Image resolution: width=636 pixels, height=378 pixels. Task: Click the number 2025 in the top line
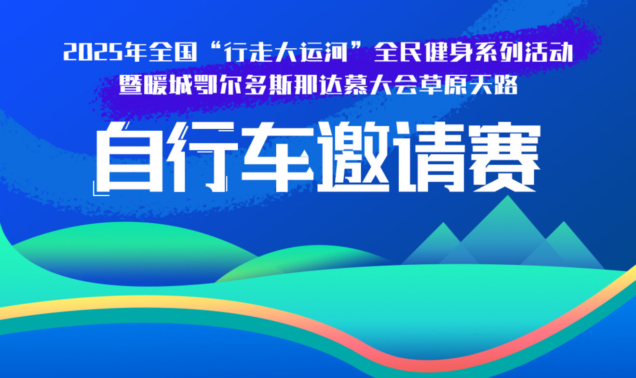tap(93, 52)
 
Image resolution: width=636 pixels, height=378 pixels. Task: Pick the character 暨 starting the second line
tap(130, 85)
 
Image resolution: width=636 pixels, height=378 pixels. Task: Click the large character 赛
tap(504, 157)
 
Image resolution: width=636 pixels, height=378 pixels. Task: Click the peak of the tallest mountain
tap(508, 196)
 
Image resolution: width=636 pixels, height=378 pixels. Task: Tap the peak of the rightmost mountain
tap(564, 222)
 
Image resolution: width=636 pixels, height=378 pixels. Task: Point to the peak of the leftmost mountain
tap(443, 223)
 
